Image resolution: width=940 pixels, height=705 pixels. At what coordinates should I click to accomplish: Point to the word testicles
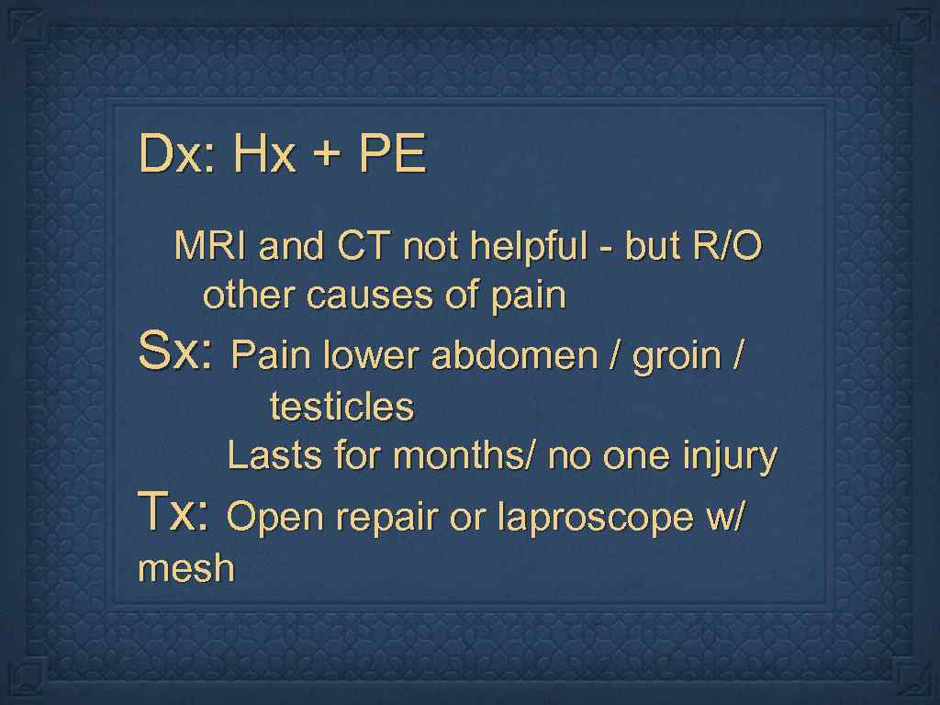point(341,407)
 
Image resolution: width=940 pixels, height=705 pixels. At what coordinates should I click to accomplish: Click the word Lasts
point(274,455)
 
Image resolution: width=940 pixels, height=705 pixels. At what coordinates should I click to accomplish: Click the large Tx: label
point(175,513)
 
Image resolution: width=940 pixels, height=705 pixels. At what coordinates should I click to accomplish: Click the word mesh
point(185,569)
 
